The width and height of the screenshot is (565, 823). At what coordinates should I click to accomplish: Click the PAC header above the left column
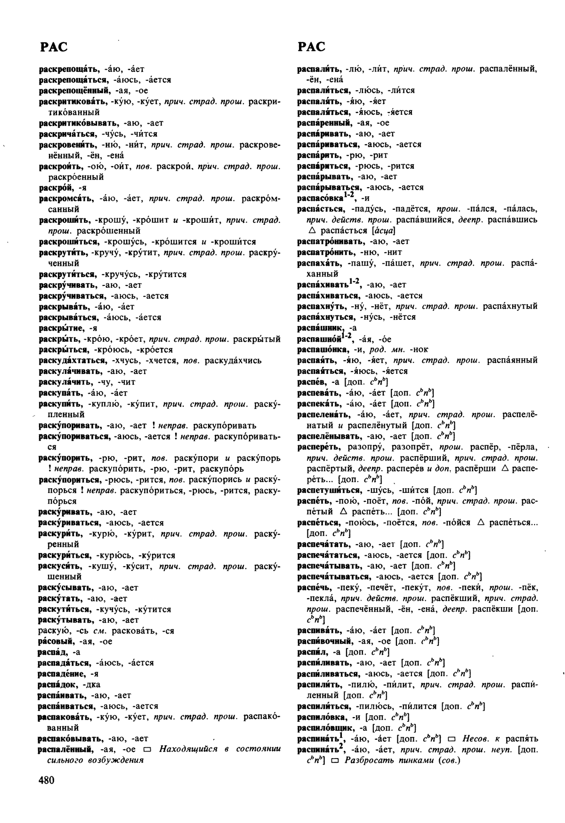click(x=53, y=47)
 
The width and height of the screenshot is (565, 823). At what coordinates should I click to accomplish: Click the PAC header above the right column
click(x=311, y=47)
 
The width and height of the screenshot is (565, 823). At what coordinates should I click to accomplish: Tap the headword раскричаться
click(x=66, y=134)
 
